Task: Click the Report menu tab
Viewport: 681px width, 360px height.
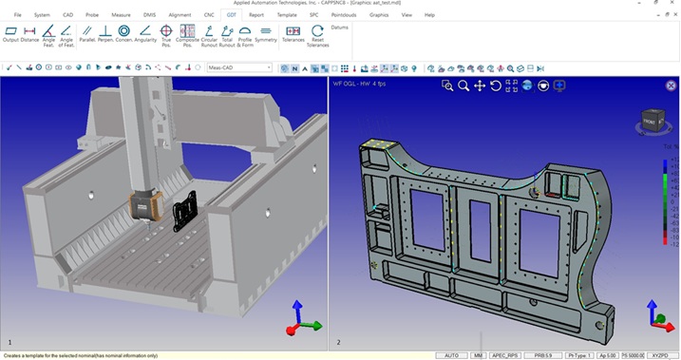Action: [256, 15]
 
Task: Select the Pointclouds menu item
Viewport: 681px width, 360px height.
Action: [344, 15]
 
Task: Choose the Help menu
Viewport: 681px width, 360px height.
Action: [429, 15]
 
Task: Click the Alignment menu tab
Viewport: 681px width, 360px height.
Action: [179, 15]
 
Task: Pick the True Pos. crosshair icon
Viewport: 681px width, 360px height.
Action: [165, 34]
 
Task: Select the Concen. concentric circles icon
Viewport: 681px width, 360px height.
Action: [123, 34]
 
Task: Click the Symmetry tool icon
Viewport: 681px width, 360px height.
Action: [266, 34]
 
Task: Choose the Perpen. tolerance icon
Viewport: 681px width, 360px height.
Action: [105, 34]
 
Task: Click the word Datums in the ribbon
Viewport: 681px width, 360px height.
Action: [340, 28]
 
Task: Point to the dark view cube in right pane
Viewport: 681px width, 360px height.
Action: [650, 120]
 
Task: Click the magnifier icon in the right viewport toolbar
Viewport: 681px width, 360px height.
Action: [463, 85]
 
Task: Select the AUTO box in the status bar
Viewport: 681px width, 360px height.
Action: [451, 355]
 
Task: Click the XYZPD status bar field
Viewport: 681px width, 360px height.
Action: [659, 355]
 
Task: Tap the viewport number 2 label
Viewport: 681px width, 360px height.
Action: [338, 341]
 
